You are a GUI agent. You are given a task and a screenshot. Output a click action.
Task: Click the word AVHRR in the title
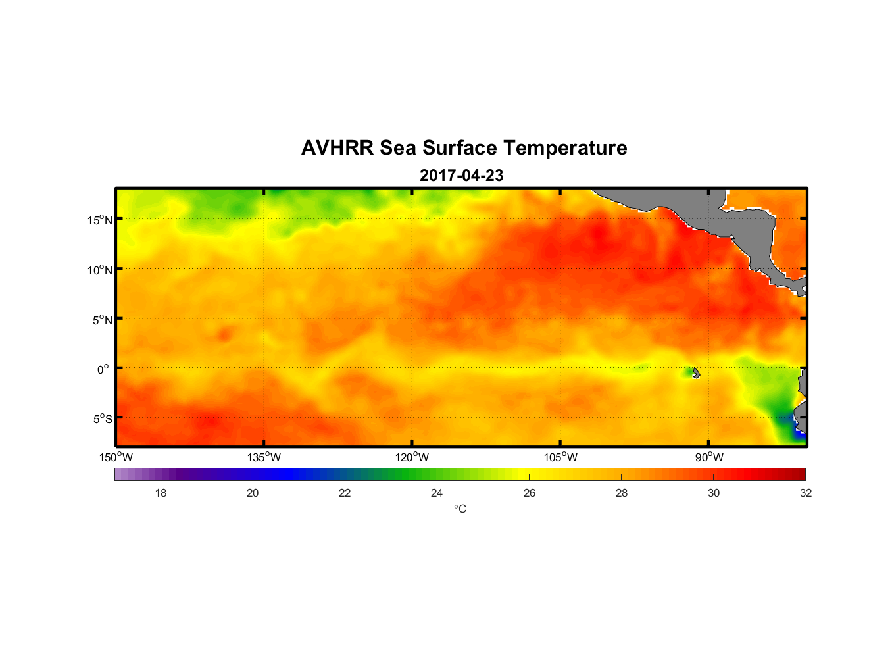coord(337,148)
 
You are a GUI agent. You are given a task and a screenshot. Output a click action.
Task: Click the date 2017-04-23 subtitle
coord(461,176)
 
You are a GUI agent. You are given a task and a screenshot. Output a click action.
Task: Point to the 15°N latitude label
coord(100,220)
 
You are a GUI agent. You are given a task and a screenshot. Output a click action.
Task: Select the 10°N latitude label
coord(100,270)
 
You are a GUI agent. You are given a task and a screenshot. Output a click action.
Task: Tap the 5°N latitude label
coord(102,320)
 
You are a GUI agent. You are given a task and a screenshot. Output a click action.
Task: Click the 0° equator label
coord(103,369)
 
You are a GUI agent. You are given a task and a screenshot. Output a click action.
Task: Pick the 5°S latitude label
coord(102,419)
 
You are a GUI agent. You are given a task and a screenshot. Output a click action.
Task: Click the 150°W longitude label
coord(116,457)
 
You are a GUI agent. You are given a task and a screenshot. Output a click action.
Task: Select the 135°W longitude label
coord(264,457)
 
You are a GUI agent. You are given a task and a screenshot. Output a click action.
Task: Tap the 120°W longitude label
coord(412,457)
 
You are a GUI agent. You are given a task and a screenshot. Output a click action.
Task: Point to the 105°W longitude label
coord(560,457)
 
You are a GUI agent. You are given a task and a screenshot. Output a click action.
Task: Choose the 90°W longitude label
coord(709,457)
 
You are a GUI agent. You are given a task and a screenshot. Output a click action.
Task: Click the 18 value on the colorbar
coord(161,493)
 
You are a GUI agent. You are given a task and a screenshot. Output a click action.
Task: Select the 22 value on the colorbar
coord(345,493)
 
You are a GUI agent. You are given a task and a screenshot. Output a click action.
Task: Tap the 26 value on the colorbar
coord(530,493)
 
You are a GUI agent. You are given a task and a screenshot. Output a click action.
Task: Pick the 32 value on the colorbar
coord(806,493)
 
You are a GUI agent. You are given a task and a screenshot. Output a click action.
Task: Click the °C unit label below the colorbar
coord(460,509)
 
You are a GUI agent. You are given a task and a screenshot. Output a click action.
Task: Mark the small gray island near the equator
coord(696,372)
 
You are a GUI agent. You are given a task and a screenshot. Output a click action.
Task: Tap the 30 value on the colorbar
coord(714,493)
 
